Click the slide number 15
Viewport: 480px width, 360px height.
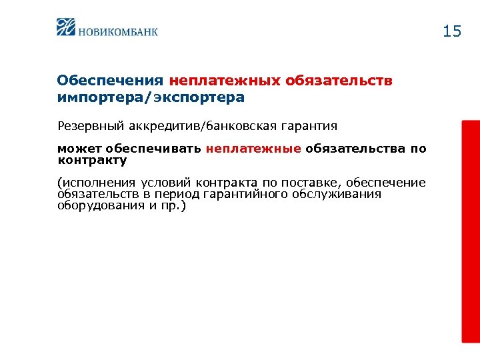click(451, 31)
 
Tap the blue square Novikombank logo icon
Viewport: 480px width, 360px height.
click(67, 27)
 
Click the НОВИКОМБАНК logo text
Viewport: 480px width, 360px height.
click(118, 31)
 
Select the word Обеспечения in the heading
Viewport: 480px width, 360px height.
click(110, 81)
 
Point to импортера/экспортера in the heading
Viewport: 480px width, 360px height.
click(151, 97)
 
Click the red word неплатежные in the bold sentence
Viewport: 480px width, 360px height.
click(253, 149)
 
